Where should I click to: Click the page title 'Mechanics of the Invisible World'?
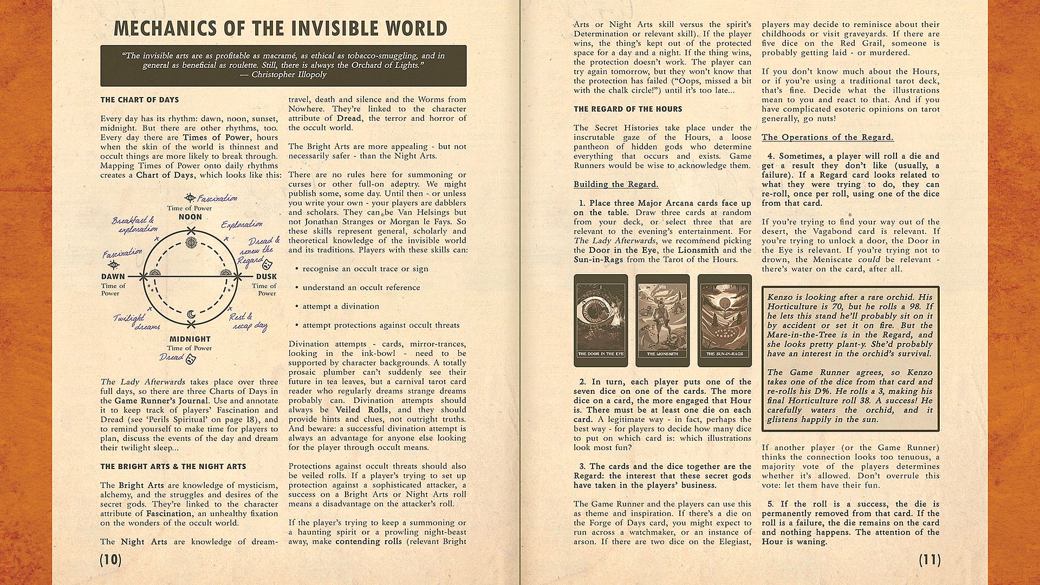point(281,28)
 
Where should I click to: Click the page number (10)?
point(110,560)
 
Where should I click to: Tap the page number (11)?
point(929,560)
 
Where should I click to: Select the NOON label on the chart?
point(190,217)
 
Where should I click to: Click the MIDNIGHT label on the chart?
point(190,339)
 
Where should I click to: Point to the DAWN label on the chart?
point(113,277)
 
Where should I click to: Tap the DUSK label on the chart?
point(266,277)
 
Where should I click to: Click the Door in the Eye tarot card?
point(601,320)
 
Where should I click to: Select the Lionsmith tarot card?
point(662,320)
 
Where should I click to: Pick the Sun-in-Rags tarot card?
point(725,320)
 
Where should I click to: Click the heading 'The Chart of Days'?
point(139,100)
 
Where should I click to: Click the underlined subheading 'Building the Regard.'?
point(616,184)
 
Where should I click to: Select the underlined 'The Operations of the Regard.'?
point(827,137)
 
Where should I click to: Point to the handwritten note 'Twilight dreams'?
point(136,322)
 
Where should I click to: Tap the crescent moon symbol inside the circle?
point(190,314)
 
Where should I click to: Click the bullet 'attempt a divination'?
point(341,307)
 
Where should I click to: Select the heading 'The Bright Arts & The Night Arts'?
point(173,466)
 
